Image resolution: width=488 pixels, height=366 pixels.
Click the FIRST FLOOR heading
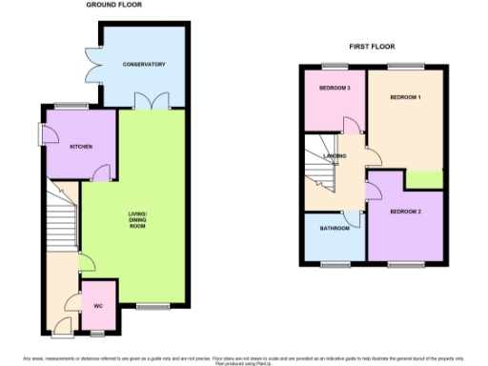[x=372, y=46]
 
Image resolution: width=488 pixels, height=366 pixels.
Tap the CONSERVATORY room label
[x=144, y=65]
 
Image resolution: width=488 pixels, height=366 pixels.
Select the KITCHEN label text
[x=80, y=146]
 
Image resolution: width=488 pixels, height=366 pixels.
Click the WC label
[x=97, y=306]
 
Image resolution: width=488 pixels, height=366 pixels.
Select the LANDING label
[x=335, y=155]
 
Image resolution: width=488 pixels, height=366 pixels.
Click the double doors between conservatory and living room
[x=144, y=102]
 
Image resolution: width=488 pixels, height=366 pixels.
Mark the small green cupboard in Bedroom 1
[x=424, y=179]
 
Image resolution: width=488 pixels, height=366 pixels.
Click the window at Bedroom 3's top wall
[x=335, y=66]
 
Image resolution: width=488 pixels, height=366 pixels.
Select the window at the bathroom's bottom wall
[x=335, y=262]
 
